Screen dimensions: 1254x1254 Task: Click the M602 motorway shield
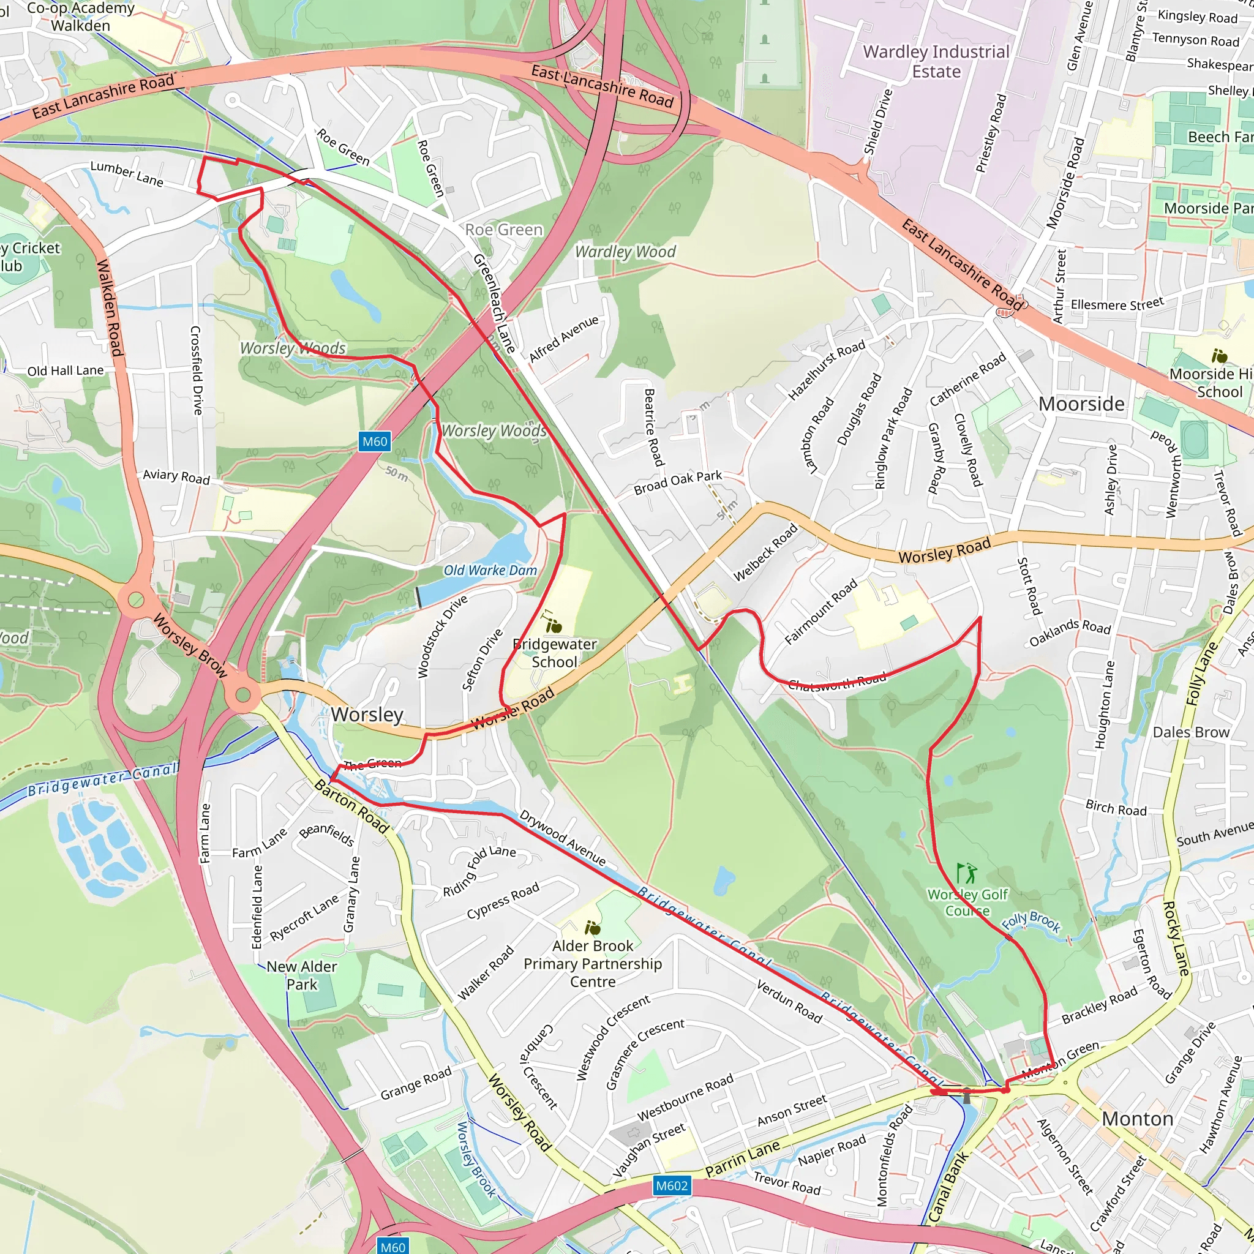tap(671, 1186)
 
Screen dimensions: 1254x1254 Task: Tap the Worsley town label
tap(367, 715)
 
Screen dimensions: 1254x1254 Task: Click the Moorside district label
tap(1081, 404)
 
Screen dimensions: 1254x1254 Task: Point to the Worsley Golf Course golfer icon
tap(966, 873)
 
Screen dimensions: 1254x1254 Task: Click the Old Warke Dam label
tap(490, 571)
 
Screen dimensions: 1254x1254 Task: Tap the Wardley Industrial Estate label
tap(936, 62)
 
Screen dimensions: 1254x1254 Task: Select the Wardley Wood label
tap(625, 252)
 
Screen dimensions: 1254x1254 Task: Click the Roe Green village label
tap(504, 230)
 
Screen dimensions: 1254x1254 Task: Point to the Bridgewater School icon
tap(554, 625)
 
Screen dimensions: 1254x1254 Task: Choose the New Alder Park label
tap(302, 975)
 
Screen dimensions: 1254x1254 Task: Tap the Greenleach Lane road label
tap(494, 303)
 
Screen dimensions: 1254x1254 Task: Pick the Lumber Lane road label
tap(127, 173)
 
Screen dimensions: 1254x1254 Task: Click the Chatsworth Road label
tap(836, 681)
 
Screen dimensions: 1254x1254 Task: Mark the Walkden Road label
tap(109, 307)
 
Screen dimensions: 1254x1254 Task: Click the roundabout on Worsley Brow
tap(242, 695)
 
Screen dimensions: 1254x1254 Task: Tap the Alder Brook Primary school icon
tap(592, 928)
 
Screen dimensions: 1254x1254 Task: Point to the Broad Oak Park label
tap(678, 482)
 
